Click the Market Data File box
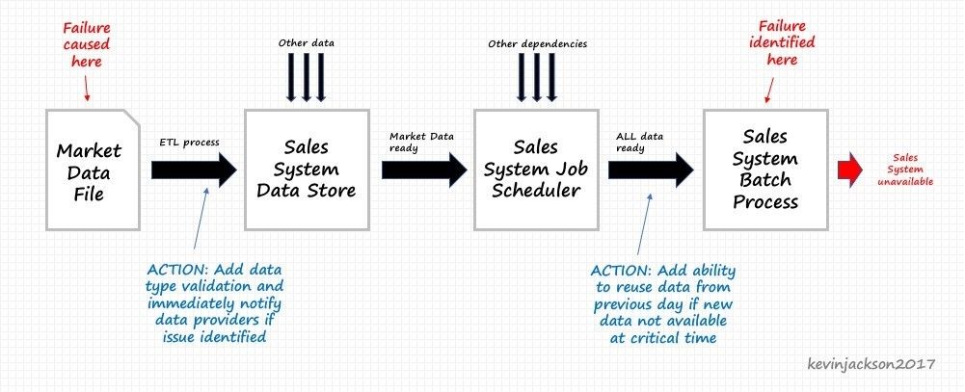(93, 170)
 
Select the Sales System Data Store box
(307, 170)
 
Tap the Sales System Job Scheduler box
(536, 170)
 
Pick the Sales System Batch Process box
(765, 170)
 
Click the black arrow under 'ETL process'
(194, 170)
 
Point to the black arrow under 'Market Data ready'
(424, 170)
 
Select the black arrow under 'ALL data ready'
(651, 170)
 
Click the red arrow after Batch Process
(850, 170)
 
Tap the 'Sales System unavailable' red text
(904, 170)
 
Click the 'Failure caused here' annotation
(86, 44)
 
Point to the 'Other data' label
(307, 43)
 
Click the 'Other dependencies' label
(537, 44)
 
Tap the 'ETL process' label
(189, 143)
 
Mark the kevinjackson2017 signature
(871, 364)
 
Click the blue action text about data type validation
(215, 302)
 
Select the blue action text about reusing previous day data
(663, 303)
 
